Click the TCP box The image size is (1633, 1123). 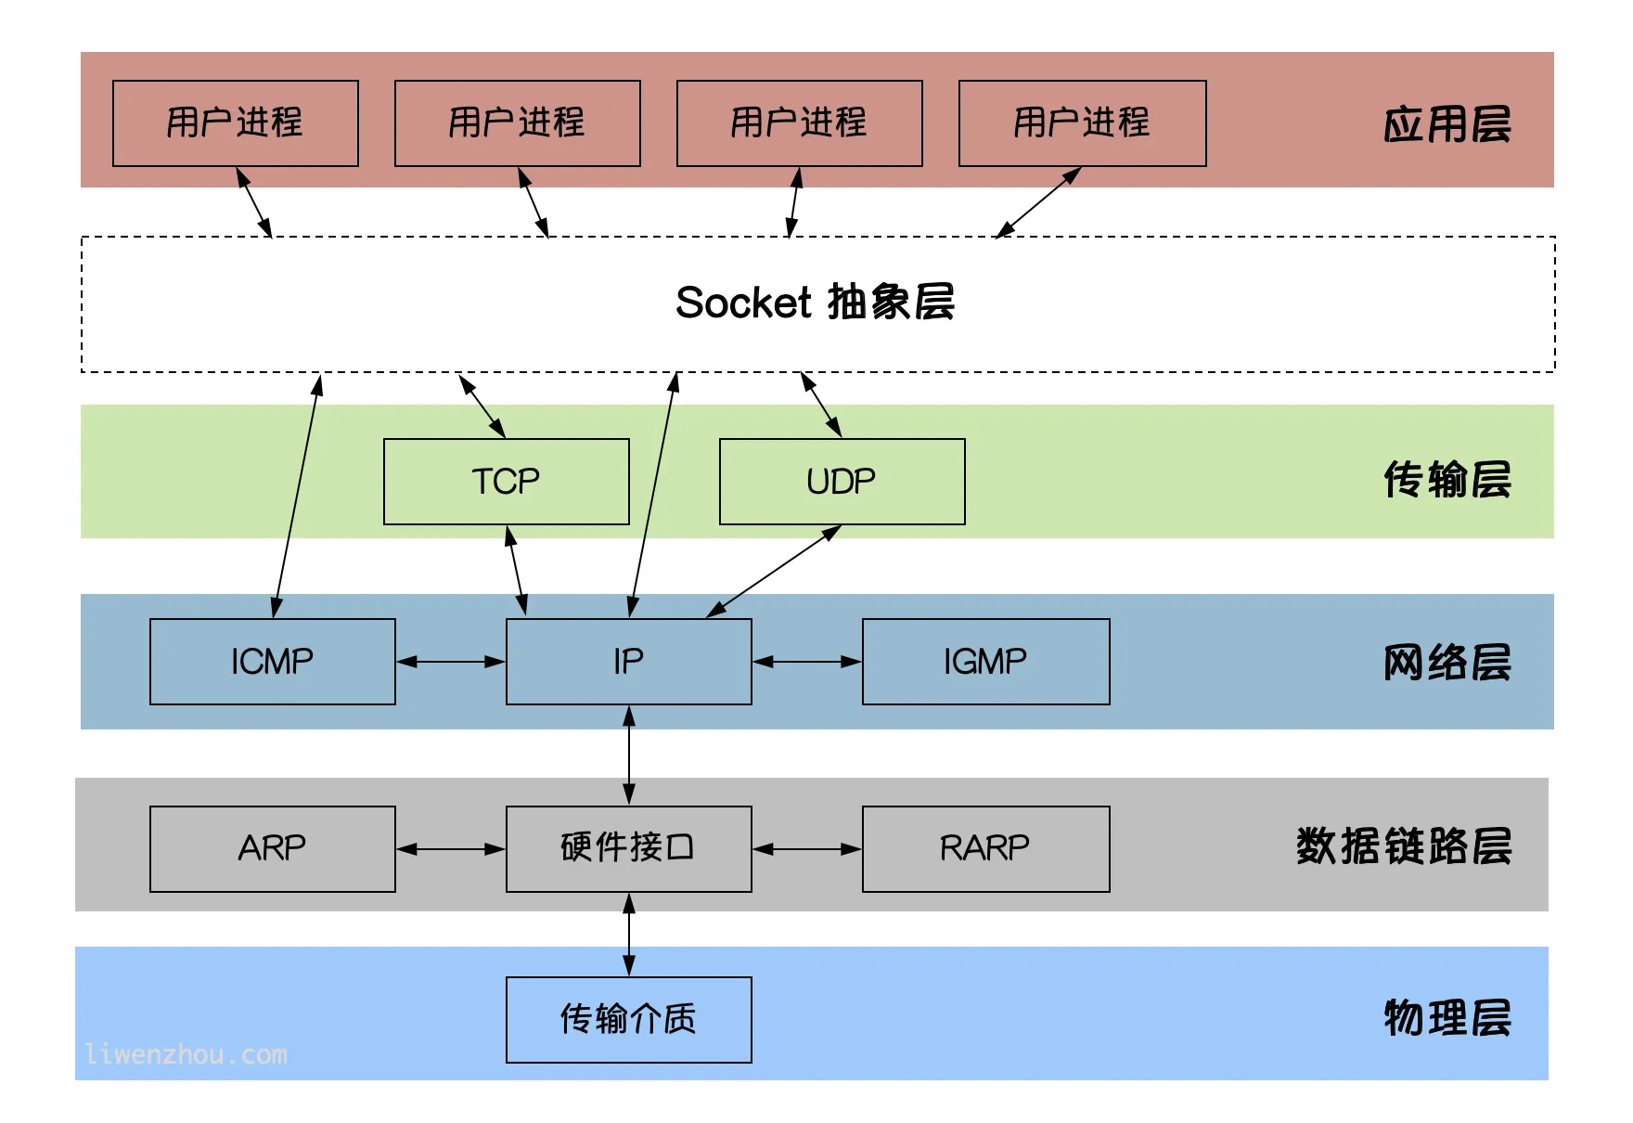click(x=506, y=482)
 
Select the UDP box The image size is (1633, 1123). click(x=842, y=482)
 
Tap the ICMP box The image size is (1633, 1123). click(x=272, y=662)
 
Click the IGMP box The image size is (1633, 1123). click(x=985, y=662)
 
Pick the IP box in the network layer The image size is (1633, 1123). click(x=628, y=662)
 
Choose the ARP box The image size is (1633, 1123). click(x=272, y=848)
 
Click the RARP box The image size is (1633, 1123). click(x=985, y=848)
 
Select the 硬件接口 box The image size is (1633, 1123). click(x=628, y=848)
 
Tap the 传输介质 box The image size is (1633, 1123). click(x=628, y=1019)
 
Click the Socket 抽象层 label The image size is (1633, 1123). click(x=815, y=303)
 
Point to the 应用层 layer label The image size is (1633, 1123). click(x=1447, y=124)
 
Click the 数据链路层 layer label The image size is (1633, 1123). click(x=1403, y=846)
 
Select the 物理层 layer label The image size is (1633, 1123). click(x=1447, y=1018)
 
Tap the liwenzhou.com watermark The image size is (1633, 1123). click(x=186, y=1055)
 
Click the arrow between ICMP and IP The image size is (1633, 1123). click(x=451, y=662)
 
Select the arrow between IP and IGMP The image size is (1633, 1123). click(x=806, y=662)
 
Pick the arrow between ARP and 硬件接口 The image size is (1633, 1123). click(x=451, y=848)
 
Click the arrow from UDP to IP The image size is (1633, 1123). click(x=774, y=571)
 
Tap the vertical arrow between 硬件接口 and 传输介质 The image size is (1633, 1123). click(x=629, y=935)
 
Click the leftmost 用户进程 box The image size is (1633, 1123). click(x=235, y=123)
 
